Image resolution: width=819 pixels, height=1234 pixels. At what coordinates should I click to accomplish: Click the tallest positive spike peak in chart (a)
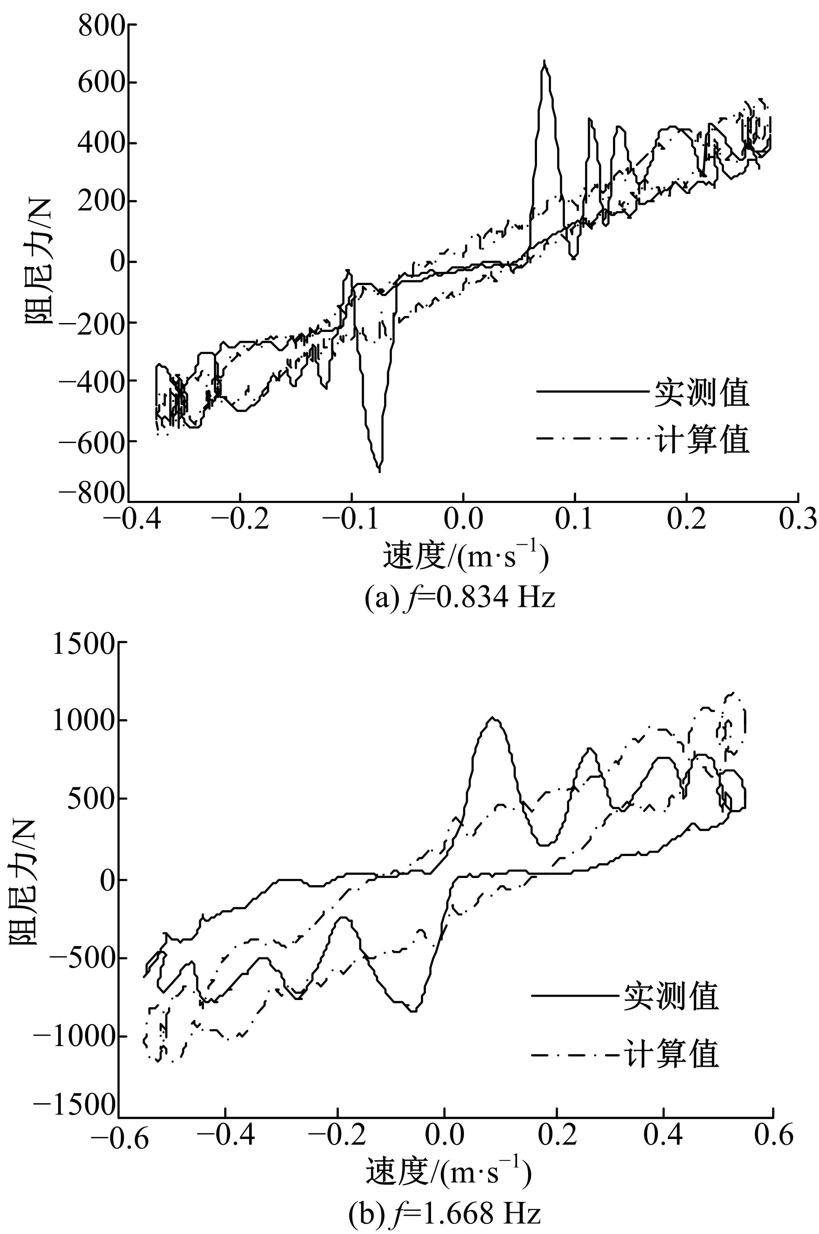[544, 62]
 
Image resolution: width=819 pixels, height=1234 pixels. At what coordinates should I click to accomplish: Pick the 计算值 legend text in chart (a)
[702, 440]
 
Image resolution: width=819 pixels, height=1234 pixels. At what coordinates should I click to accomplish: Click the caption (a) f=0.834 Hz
[460, 597]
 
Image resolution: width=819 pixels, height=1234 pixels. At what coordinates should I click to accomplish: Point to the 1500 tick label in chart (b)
[83, 645]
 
